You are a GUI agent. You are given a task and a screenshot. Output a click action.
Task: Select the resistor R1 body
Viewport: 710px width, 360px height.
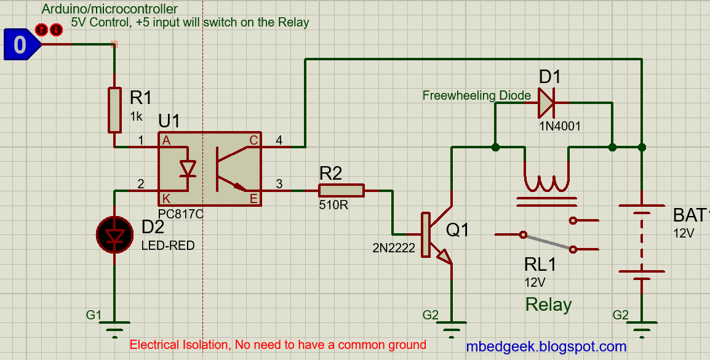coord(114,110)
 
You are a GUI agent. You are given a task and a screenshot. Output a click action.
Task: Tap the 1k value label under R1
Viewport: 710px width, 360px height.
coord(136,116)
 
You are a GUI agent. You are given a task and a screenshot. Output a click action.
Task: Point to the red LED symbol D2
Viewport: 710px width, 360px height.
coord(114,234)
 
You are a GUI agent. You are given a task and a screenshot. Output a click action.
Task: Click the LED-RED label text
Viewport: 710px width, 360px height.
coord(168,246)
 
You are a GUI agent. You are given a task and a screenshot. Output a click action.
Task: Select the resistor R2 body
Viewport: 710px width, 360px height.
coord(341,191)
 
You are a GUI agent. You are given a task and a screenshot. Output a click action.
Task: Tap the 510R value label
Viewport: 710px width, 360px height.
coord(333,205)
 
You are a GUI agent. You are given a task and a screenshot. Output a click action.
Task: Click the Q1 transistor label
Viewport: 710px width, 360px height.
coord(457,230)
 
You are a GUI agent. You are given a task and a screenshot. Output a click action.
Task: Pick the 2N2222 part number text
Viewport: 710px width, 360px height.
coord(393,249)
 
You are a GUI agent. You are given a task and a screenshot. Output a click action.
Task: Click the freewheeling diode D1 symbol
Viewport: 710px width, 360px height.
coord(546,103)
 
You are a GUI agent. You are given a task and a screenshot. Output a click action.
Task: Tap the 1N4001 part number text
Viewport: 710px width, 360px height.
coord(559,126)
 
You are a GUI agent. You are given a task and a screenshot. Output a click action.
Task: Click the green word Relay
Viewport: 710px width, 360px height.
coord(548,305)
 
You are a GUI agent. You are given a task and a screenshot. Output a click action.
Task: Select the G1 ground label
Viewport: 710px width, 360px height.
coord(94,315)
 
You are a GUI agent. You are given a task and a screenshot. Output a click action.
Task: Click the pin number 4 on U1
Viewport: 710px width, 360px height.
coord(279,140)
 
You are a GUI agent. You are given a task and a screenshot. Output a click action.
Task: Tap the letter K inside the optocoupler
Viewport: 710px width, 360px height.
coord(166,198)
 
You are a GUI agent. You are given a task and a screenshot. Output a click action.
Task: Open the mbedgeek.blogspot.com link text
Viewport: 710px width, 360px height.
coord(546,347)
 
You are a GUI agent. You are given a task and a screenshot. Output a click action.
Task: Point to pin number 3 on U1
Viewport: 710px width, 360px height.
coord(279,183)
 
